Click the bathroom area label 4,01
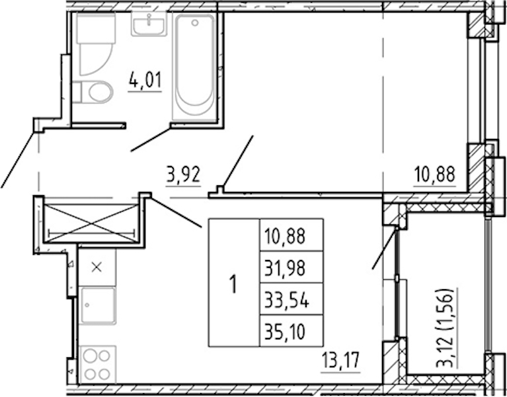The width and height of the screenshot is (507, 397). pyautogui.click(x=145, y=80)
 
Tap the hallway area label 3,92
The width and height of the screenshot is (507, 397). pyautogui.click(x=183, y=175)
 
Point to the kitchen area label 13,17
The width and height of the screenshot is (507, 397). pyautogui.click(x=340, y=361)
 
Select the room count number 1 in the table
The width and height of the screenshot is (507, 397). pyautogui.click(x=233, y=283)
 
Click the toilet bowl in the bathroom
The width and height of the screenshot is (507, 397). pyautogui.click(x=97, y=92)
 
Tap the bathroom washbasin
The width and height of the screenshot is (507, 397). pyautogui.click(x=149, y=24)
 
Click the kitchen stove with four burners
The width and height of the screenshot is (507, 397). pyautogui.click(x=97, y=365)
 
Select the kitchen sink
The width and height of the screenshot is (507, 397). pyautogui.click(x=97, y=306)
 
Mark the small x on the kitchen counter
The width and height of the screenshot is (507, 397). pyautogui.click(x=97, y=267)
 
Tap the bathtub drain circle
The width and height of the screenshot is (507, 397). pyautogui.click(x=194, y=22)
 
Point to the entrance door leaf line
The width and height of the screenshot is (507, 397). pyautogui.click(x=18, y=159)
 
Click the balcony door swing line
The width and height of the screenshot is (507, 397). pyautogui.click(x=384, y=248)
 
